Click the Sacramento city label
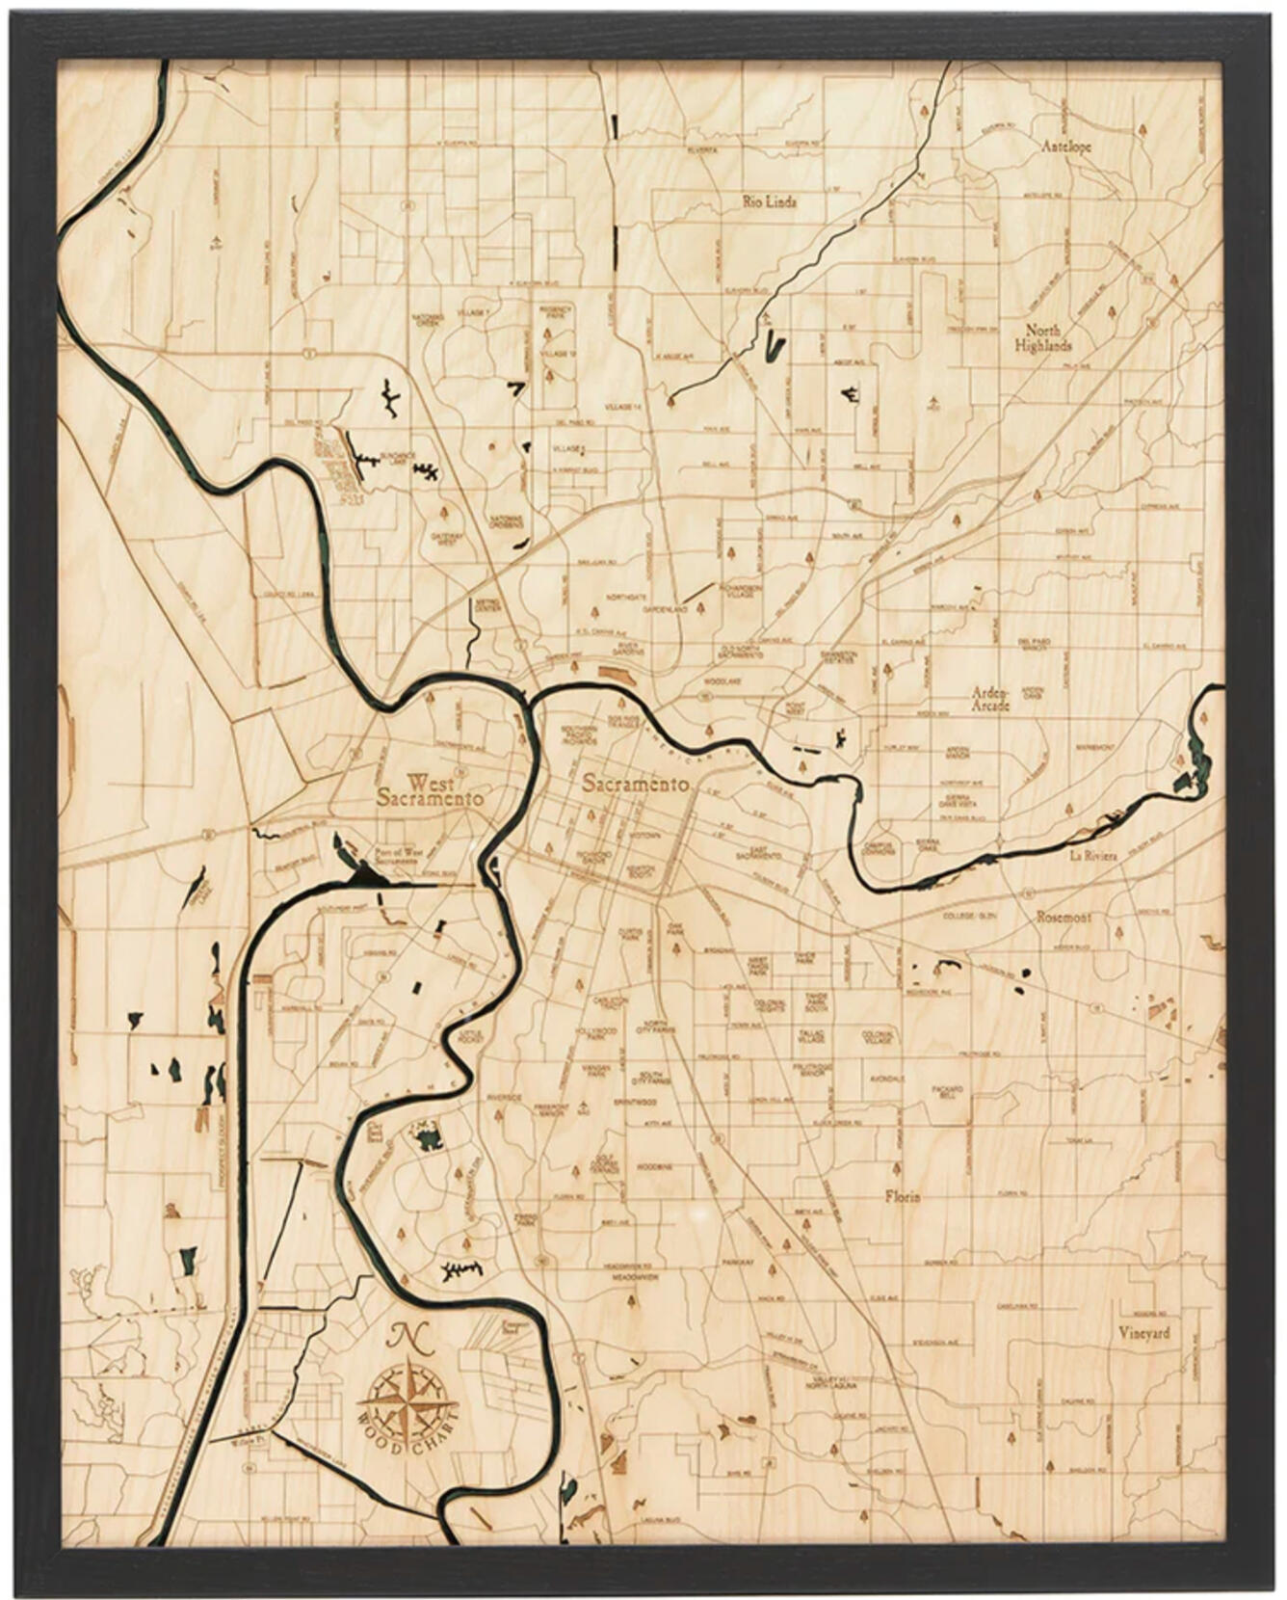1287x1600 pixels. coord(635,785)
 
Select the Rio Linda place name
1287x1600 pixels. coord(770,202)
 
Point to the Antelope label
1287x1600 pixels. coord(1066,147)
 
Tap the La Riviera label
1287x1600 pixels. coord(1091,855)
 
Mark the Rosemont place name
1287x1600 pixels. coord(1064,918)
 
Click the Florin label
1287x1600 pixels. coord(903,1196)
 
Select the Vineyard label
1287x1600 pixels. coord(1144,1333)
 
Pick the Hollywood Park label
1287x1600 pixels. coord(597,1033)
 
